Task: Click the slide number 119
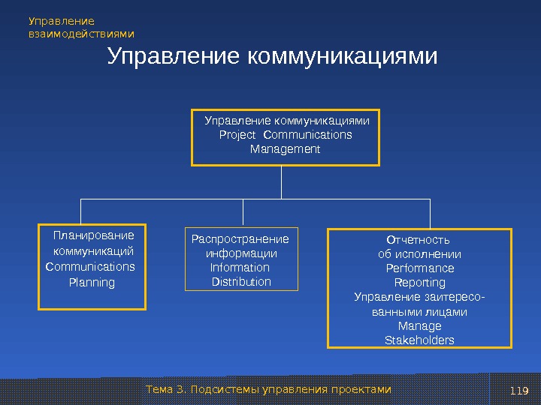(x=519, y=390)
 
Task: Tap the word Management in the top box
(x=285, y=149)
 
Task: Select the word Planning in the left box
(x=92, y=283)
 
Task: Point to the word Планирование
(x=94, y=235)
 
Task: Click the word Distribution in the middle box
(x=241, y=282)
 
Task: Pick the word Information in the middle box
(x=240, y=268)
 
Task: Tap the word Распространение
(x=240, y=239)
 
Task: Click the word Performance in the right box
(x=419, y=268)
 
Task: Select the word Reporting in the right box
(x=419, y=283)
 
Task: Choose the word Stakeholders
(x=419, y=340)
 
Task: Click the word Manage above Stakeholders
(x=419, y=326)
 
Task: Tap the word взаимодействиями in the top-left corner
(x=81, y=34)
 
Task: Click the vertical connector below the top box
(x=281, y=182)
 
